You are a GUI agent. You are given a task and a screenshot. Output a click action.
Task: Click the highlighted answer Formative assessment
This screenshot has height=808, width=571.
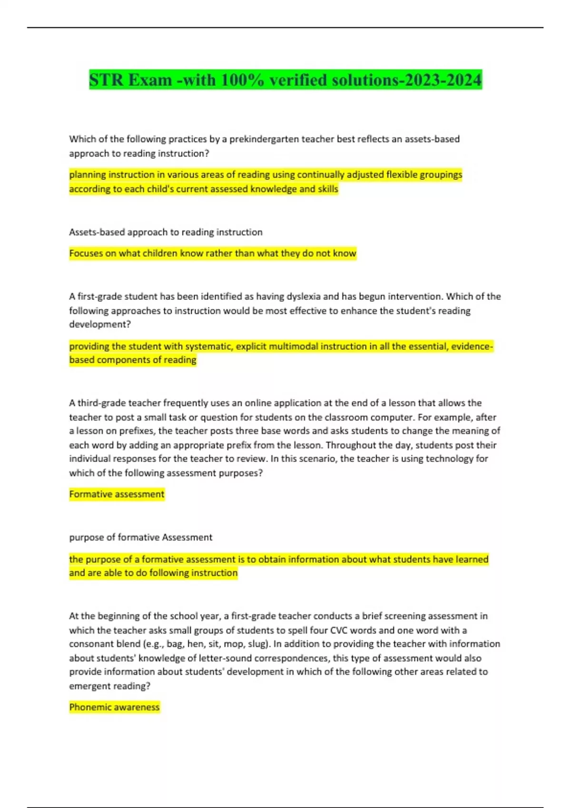(117, 494)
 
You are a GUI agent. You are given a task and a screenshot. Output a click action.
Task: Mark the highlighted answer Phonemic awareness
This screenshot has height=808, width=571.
(114, 707)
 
